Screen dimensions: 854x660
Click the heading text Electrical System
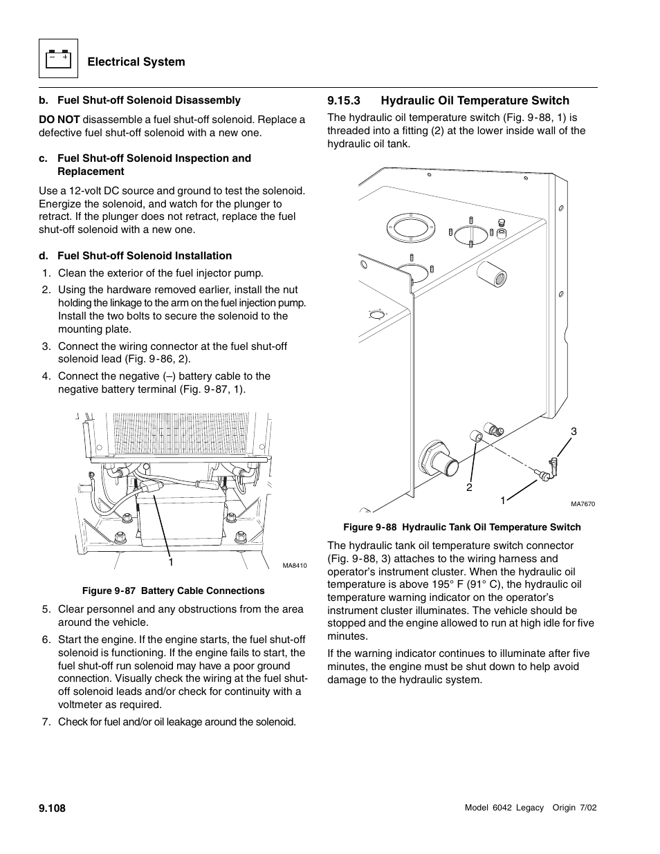tap(136, 62)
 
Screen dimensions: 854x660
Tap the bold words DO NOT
tap(59, 120)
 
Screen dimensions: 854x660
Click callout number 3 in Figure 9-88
tap(573, 431)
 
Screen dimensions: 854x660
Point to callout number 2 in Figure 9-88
tap(468, 488)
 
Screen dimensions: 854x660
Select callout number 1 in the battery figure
tap(170, 561)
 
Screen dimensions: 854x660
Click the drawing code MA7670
tap(583, 504)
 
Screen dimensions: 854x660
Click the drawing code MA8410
tap(294, 566)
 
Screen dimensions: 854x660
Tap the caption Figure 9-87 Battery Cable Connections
tap(173, 591)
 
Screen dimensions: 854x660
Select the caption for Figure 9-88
tap(461, 527)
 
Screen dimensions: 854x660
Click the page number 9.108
tap(52, 808)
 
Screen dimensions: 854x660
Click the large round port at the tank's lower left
tap(435, 458)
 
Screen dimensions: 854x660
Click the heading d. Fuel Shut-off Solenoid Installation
tap(135, 256)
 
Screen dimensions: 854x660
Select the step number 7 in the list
tap(46, 722)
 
